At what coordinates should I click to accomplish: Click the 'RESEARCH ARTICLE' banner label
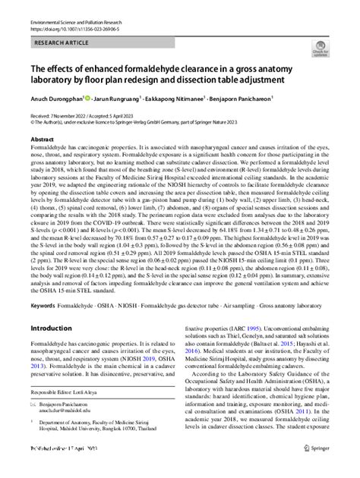[62, 45]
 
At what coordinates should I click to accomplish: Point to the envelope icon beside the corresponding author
[33, 407]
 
